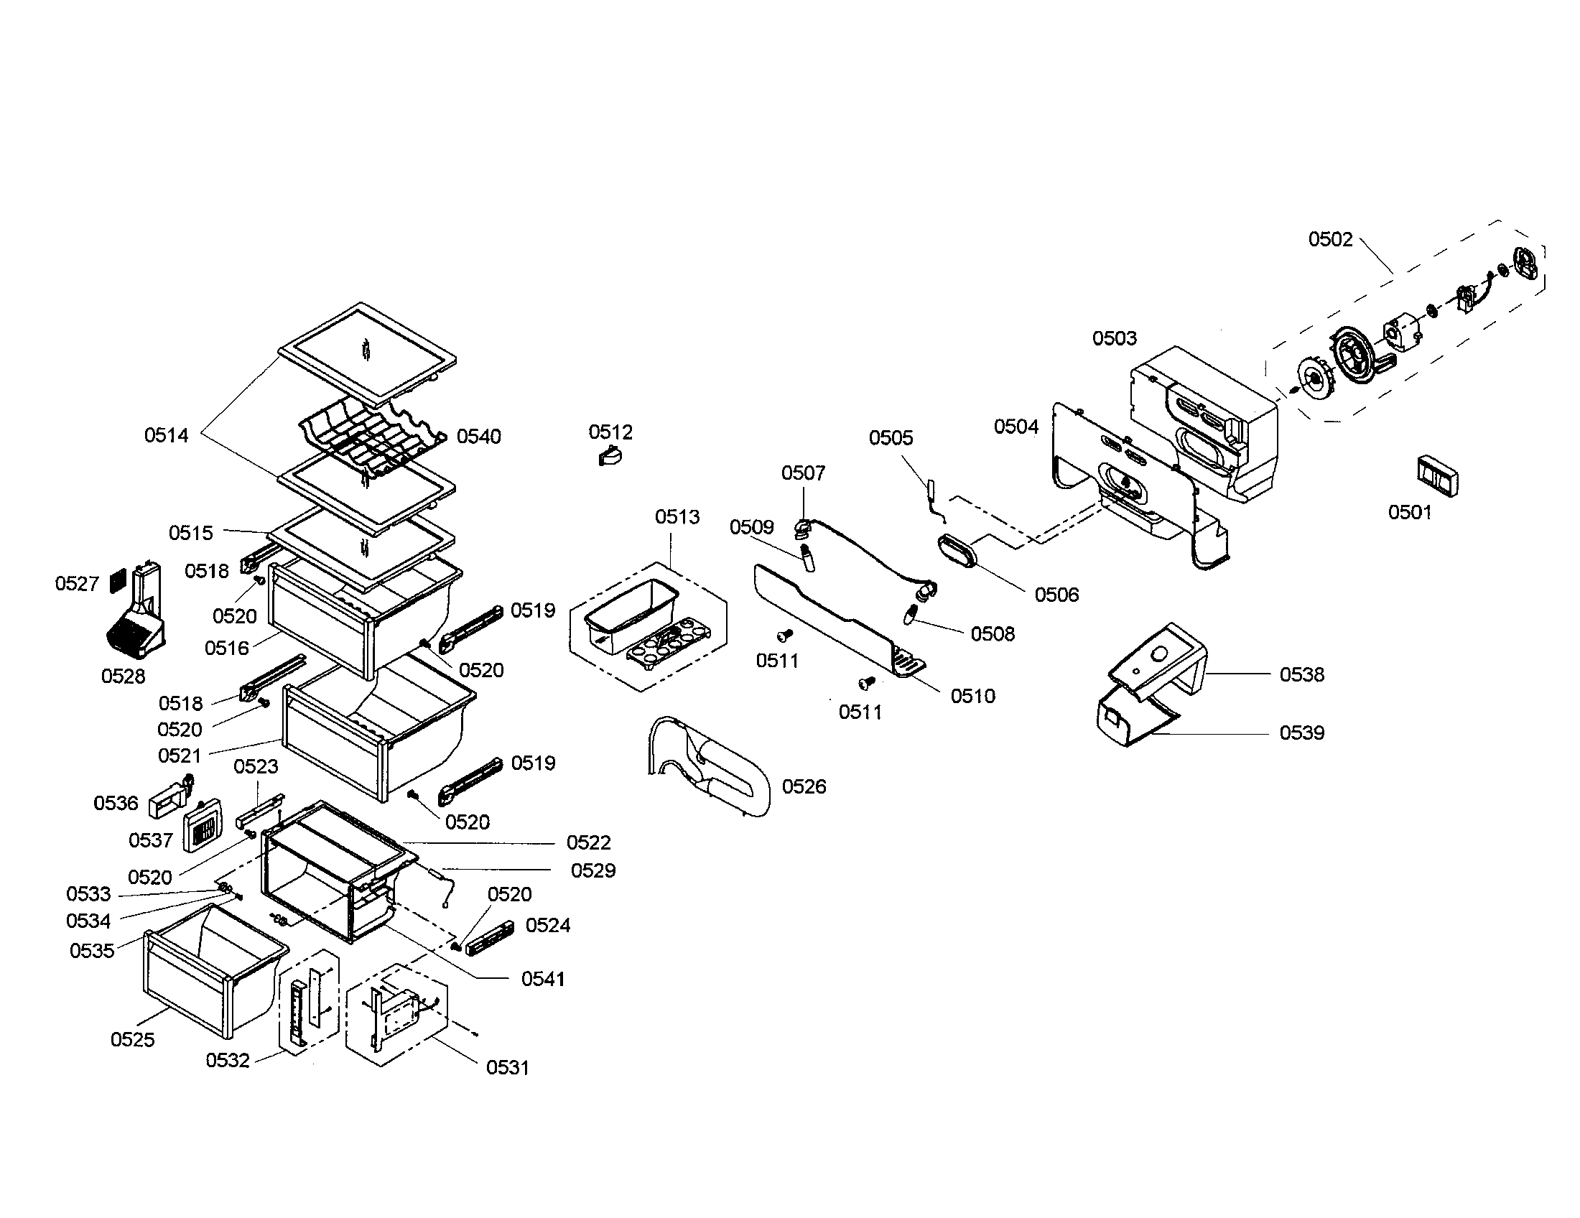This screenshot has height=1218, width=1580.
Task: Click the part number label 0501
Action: pyautogui.click(x=1409, y=512)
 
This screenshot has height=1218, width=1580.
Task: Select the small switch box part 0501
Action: pyautogui.click(x=1437, y=476)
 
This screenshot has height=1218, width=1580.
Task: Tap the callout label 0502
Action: pyautogui.click(x=1329, y=239)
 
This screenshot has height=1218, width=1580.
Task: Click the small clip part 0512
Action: pyautogui.click(x=610, y=456)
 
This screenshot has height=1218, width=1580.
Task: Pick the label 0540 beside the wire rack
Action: pyautogui.click(x=478, y=436)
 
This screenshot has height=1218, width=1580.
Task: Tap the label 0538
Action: pyautogui.click(x=1301, y=674)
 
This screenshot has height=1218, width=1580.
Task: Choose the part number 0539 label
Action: pyautogui.click(x=1301, y=733)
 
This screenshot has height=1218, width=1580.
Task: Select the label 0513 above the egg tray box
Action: pyautogui.click(x=677, y=516)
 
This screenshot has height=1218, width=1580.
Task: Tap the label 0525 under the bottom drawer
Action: pyautogui.click(x=132, y=1039)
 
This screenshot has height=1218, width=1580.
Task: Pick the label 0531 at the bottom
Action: pyautogui.click(x=507, y=1067)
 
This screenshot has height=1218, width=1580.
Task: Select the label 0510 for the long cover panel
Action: pyautogui.click(x=972, y=696)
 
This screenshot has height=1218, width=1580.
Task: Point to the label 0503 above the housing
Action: pyautogui.click(x=1114, y=338)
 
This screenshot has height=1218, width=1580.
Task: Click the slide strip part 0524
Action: pyautogui.click(x=490, y=938)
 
